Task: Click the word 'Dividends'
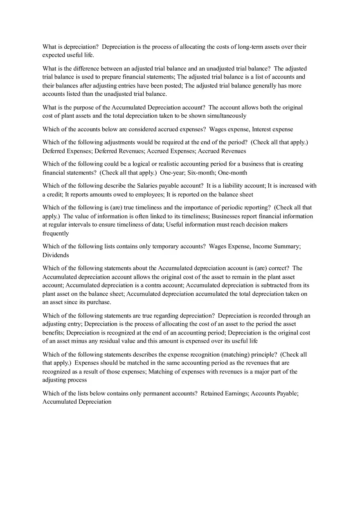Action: pyautogui.click(x=56, y=255)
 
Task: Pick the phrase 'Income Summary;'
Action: pyautogui.click(x=277, y=246)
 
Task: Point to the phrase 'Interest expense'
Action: pyautogui.click(x=272, y=129)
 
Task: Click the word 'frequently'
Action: pyautogui.click(x=56, y=234)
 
